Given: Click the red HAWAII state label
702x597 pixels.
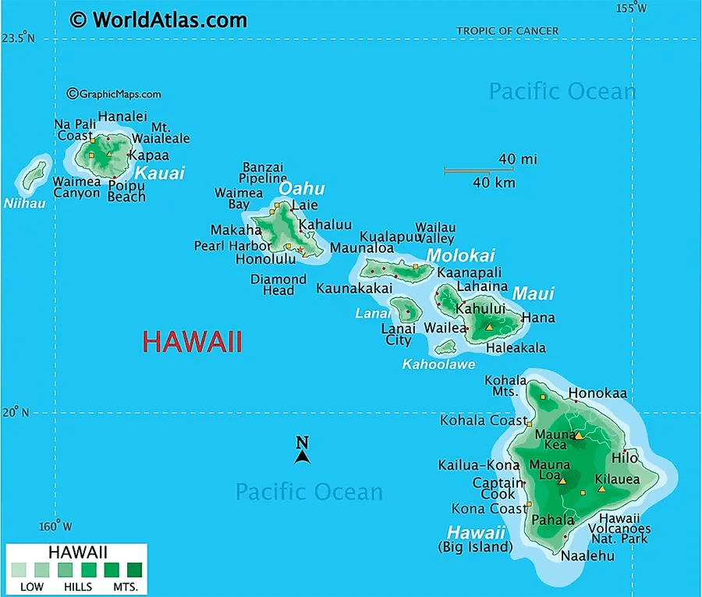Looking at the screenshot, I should coord(192,342).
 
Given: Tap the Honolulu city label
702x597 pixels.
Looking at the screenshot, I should coord(265,259).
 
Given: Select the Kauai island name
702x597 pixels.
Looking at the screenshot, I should coord(160,172).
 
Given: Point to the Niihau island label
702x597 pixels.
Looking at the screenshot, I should coord(24,204).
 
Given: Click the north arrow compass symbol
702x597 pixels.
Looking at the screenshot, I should coord(303,451).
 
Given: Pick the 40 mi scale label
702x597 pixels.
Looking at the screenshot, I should coord(518,159).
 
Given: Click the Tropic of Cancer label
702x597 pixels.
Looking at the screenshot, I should coord(507,31).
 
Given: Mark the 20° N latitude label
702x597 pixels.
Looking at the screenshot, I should coord(15,413).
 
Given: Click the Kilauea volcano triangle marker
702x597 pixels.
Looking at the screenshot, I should coord(601,489).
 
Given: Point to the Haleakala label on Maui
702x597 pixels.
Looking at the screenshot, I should coord(516,348).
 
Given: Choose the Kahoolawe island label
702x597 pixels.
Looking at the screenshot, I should coord(438,364).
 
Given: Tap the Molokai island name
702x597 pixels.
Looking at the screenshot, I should coord(460,256).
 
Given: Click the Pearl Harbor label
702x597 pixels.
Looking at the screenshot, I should coord(232,246).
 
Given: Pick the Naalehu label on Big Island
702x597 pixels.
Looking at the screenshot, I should coord(587,556).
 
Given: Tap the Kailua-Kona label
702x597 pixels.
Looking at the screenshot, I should coord(478,465).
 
